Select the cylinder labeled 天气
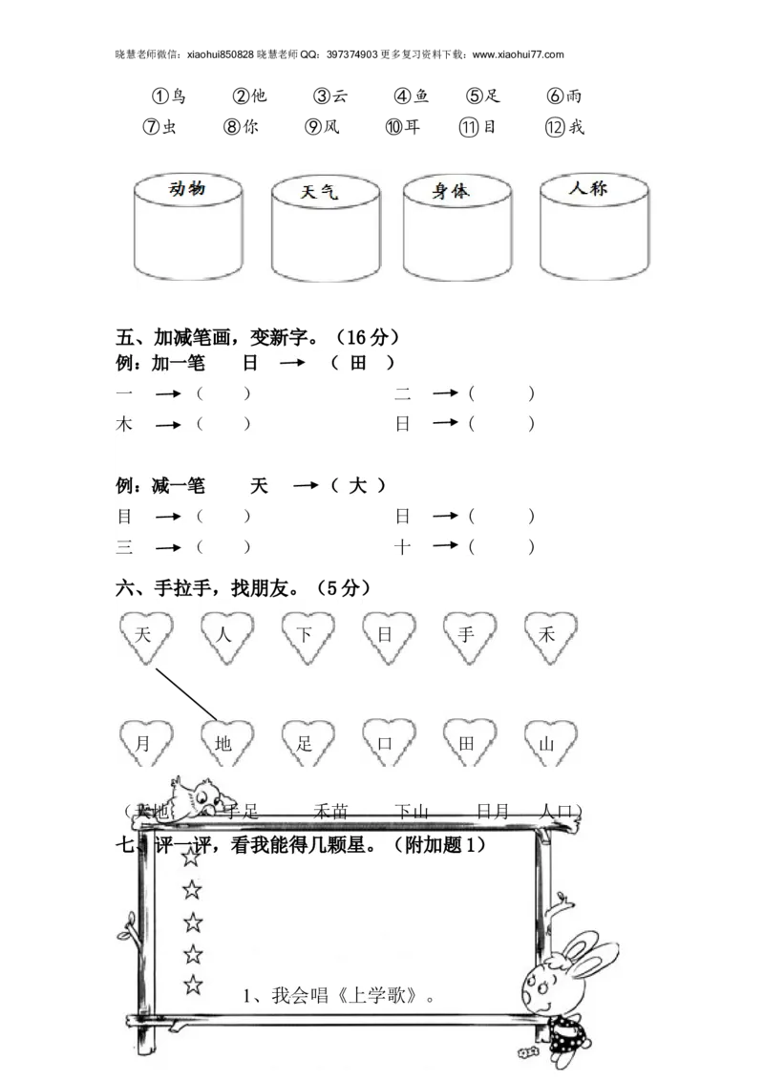[324, 227]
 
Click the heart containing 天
[144, 635]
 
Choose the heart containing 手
[468, 635]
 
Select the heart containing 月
[144, 743]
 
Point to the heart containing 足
[306, 743]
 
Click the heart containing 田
[468, 743]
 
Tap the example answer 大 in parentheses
[357, 486]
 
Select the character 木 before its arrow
[124, 424]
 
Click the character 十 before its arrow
[403, 546]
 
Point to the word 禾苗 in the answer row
[330, 812]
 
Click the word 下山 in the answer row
[412, 812]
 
